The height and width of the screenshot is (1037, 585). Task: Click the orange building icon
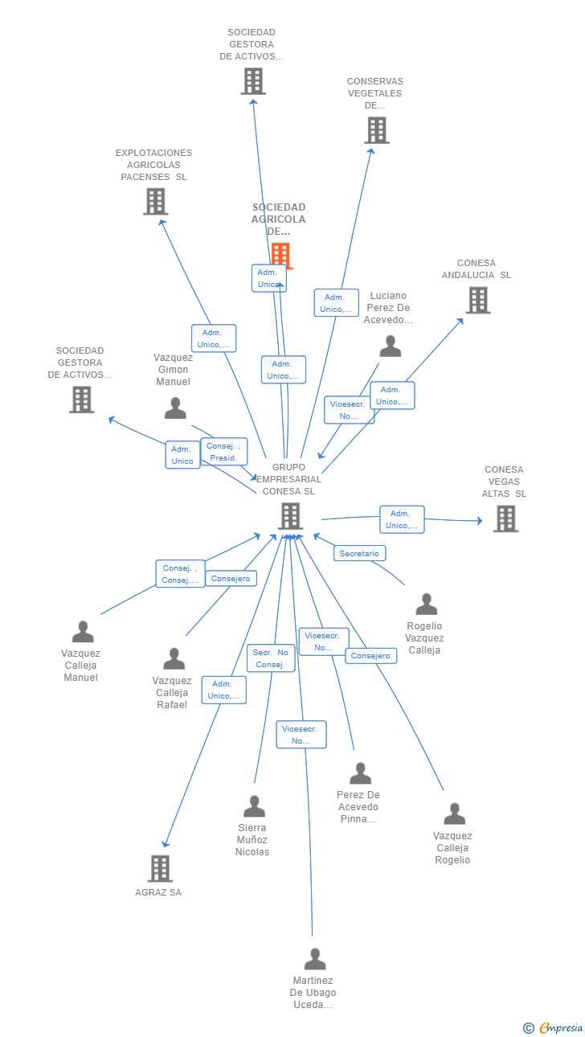pos(280,255)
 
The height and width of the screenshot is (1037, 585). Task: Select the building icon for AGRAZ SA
pos(160,868)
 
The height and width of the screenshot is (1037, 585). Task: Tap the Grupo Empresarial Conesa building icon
pos(290,516)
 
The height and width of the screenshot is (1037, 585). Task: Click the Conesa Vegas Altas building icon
pos(505,518)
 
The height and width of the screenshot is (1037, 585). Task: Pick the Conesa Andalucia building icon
pos(478,300)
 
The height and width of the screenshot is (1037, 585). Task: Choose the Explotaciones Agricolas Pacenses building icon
pos(155,201)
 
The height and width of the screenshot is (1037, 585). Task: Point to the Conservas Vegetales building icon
pos(376,130)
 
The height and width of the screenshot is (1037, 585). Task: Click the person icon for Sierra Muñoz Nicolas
pos(254,805)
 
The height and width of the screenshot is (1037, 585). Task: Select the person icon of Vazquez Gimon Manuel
pos(175,408)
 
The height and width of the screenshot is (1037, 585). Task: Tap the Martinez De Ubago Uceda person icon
pos(315,959)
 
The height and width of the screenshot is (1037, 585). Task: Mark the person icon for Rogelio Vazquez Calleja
pos(426,604)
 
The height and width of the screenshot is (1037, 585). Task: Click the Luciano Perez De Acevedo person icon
pos(391,346)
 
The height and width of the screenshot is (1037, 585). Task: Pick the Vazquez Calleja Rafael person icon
pos(174,659)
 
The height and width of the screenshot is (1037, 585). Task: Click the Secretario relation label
pos(359,554)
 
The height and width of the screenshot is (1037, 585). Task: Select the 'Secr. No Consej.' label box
pos(271,658)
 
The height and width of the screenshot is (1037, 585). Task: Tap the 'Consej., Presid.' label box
pos(223,452)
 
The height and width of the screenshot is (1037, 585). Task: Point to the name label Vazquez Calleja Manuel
pos(81,666)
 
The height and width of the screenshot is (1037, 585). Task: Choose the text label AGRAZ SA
pos(158,892)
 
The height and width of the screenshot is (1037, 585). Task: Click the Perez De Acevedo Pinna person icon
pos(360,773)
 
